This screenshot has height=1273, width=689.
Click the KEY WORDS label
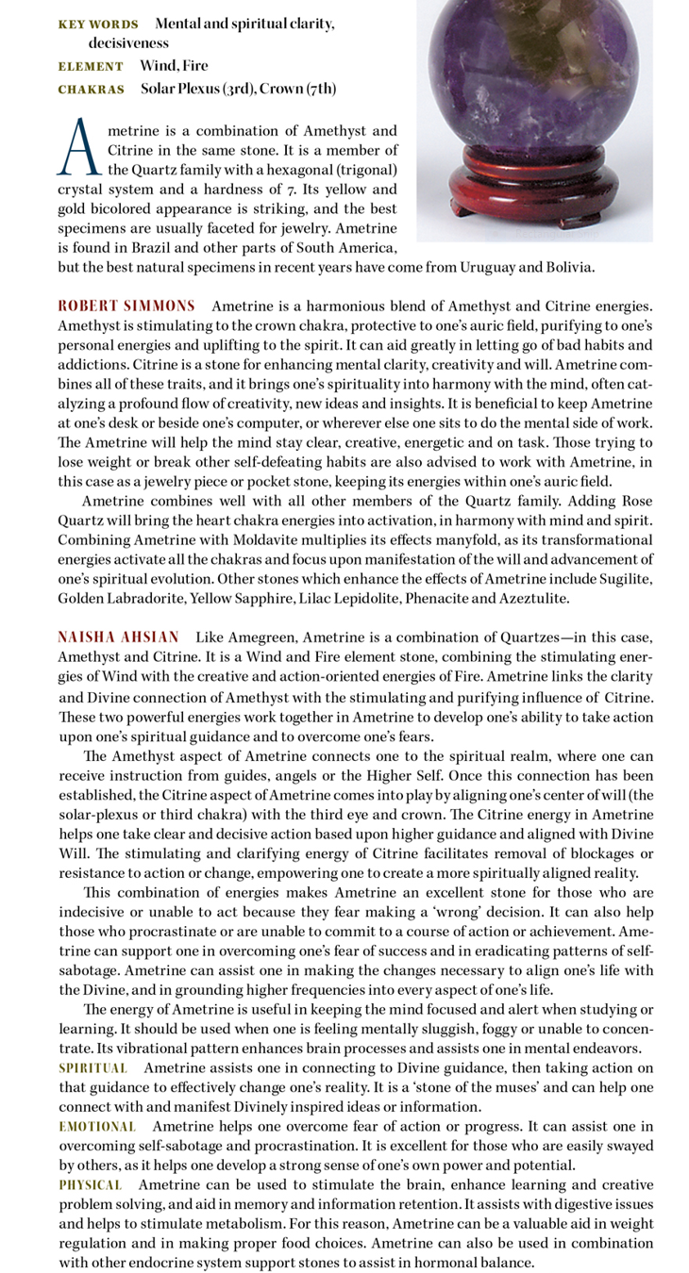coord(97,24)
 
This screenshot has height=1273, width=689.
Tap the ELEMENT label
coord(90,66)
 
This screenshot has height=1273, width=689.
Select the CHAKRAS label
coord(91,90)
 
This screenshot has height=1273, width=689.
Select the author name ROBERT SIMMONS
coord(126,306)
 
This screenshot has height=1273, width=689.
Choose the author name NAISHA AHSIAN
coord(118,637)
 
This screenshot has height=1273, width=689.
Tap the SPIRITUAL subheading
coord(92,1067)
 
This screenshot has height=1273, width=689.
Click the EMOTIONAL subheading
coord(97,1126)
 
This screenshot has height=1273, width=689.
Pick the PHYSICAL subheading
coord(91,1184)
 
